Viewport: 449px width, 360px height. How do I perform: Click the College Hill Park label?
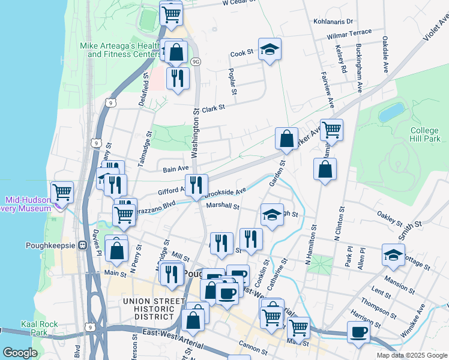[425, 135]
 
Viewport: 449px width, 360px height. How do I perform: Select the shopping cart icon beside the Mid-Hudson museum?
[62, 193]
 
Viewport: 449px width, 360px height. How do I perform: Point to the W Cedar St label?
[238, 3]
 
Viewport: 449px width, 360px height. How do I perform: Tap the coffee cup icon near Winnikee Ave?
[359, 332]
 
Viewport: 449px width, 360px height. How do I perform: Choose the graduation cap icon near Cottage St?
[393, 254]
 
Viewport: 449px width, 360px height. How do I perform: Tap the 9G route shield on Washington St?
[196, 62]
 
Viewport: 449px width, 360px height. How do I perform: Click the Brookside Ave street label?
[225, 193]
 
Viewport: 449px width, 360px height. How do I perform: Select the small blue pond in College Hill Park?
[392, 112]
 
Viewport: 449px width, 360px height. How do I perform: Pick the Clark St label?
[212, 109]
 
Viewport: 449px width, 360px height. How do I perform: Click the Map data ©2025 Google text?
[412, 355]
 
